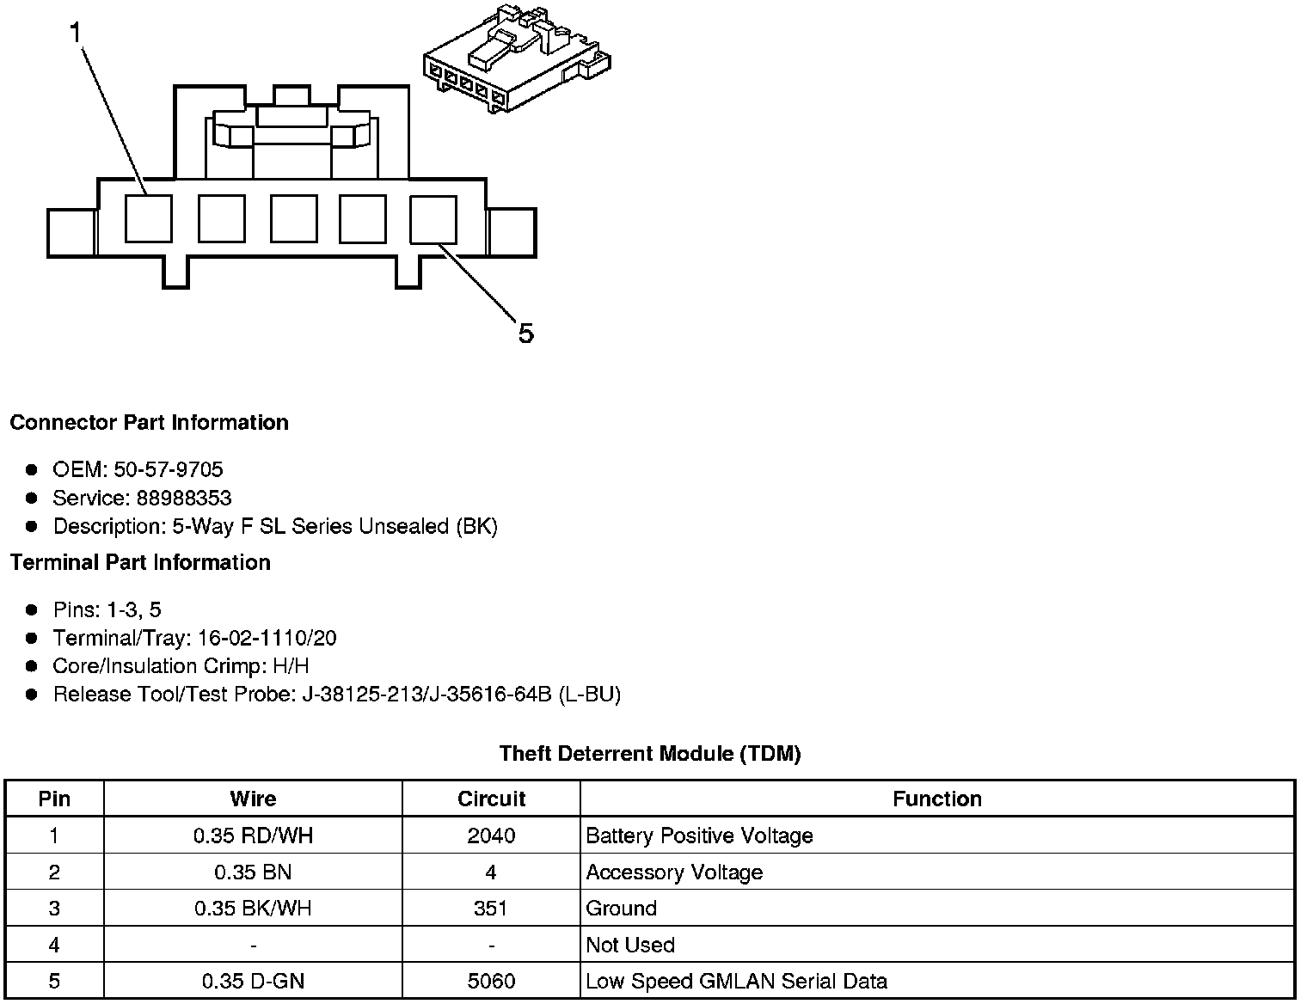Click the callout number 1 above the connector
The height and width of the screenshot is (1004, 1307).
coord(76,34)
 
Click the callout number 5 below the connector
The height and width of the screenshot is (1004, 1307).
coord(525,333)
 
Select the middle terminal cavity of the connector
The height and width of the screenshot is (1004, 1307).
coord(293,218)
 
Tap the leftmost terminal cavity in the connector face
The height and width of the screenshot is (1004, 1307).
coord(148,218)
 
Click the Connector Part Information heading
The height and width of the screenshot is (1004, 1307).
coord(149,423)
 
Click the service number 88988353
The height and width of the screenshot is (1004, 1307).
coord(183,498)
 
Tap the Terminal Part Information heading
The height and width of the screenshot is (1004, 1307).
coord(140,562)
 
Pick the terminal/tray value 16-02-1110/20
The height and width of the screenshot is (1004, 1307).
coord(267,638)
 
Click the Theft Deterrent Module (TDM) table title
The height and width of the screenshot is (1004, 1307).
coord(650,754)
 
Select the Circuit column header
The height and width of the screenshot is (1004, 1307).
coord(491,799)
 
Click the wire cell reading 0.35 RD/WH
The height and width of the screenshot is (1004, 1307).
coord(253,836)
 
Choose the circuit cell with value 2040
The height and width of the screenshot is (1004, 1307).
coord(491,836)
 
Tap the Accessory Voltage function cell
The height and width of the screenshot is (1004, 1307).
coord(674,872)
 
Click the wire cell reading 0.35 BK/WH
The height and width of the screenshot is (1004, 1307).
coord(253,909)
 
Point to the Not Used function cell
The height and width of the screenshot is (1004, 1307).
coord(630,945)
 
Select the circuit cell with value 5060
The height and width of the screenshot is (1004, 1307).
coord(491,981)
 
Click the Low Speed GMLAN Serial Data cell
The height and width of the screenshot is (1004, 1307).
coord(736,981)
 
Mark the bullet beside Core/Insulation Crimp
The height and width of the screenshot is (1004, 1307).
coord(32,666)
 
